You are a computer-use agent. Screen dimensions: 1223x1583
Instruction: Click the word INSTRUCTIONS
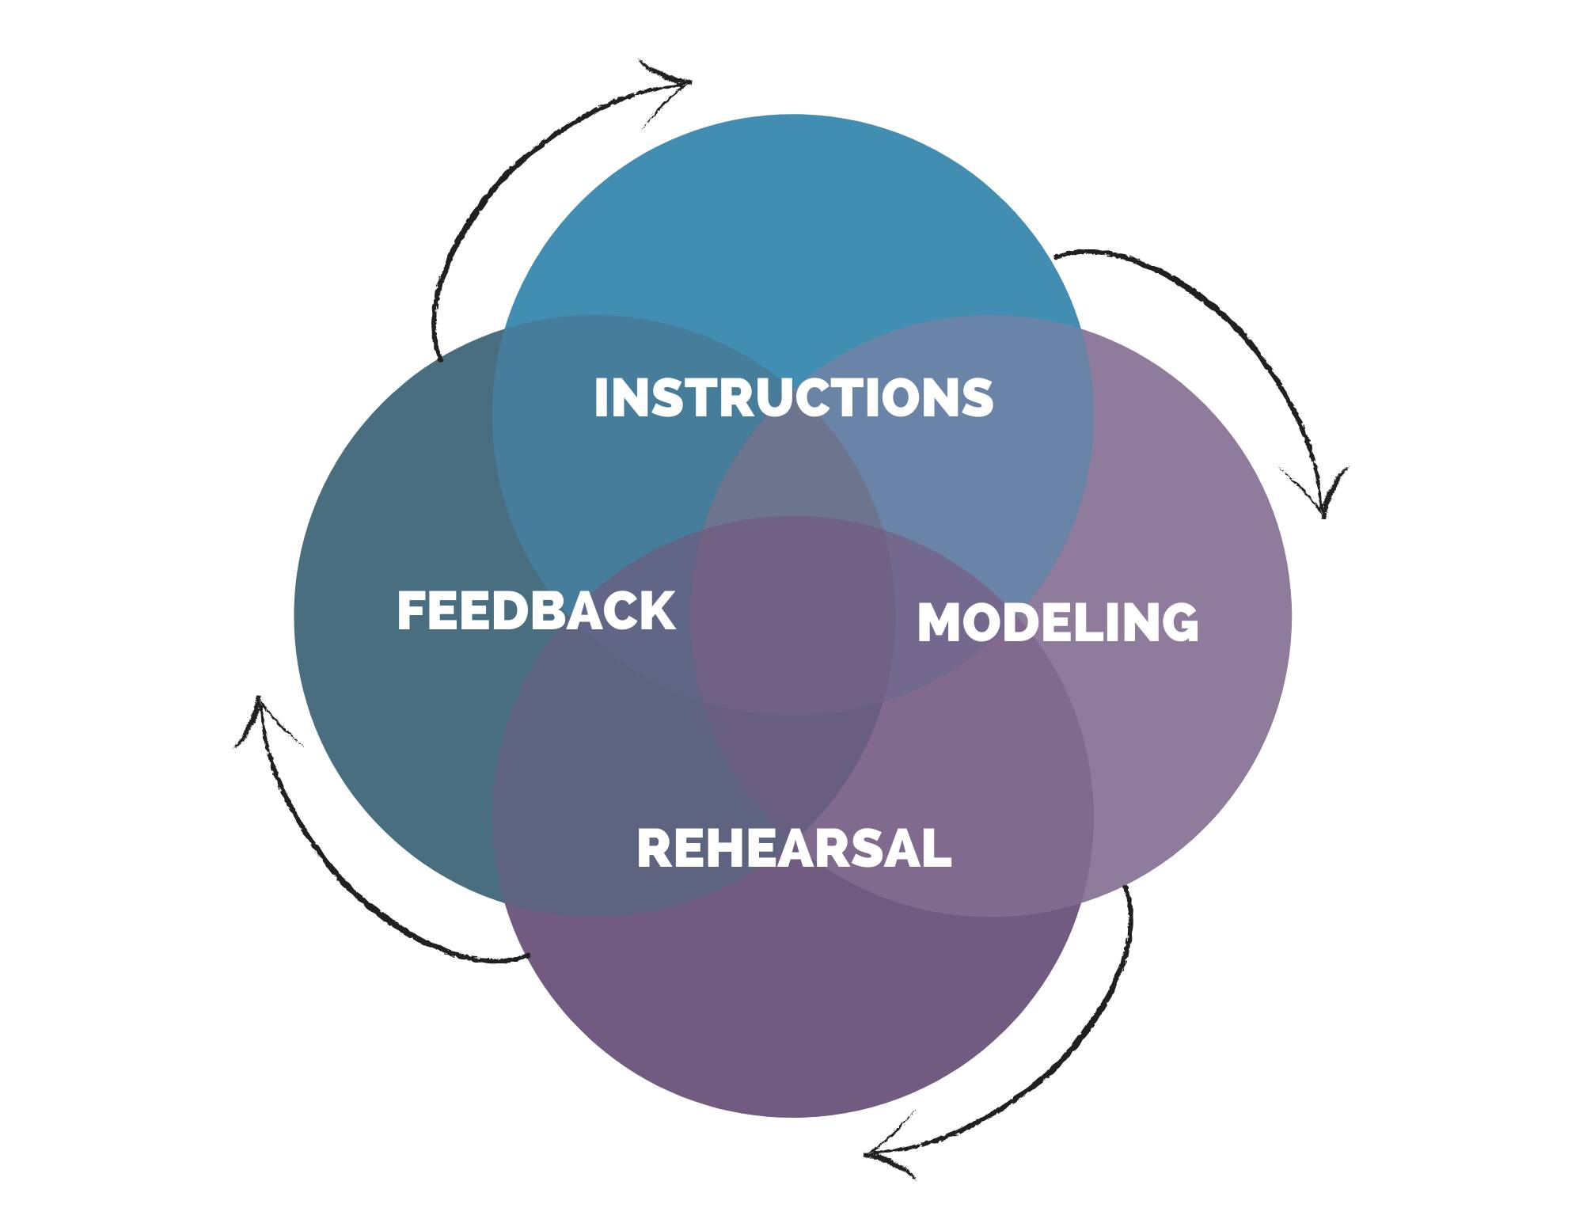pyautogui.click(x=793, y=397)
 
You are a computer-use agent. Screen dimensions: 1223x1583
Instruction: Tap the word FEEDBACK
pyautogui.click(x=536, y=611)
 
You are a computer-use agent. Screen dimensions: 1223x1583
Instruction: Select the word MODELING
pyautogui.click(x=1057, y=623)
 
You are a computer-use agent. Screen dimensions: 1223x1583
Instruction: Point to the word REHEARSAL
pyautogui.click(x=794, y=849)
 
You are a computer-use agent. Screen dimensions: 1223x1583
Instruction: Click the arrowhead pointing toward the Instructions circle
pyautogui.click(x=673, y=83)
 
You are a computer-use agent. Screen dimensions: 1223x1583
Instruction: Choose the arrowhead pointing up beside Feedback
pyautogui.click(x=260, y=716)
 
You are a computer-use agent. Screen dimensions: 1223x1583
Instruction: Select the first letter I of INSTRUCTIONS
pyautogui.click(x=601, y=397)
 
